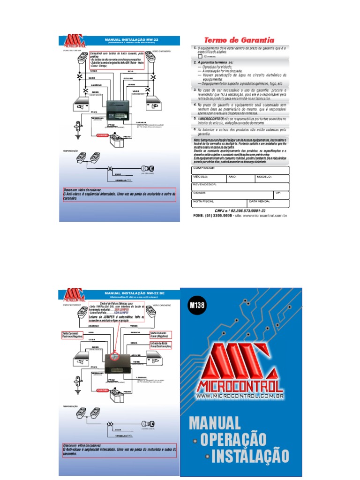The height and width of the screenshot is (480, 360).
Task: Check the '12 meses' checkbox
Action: point(200,56)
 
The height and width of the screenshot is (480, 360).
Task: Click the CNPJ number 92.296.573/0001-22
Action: point(240,211)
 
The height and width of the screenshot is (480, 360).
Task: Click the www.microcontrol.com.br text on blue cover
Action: point(240,397)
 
